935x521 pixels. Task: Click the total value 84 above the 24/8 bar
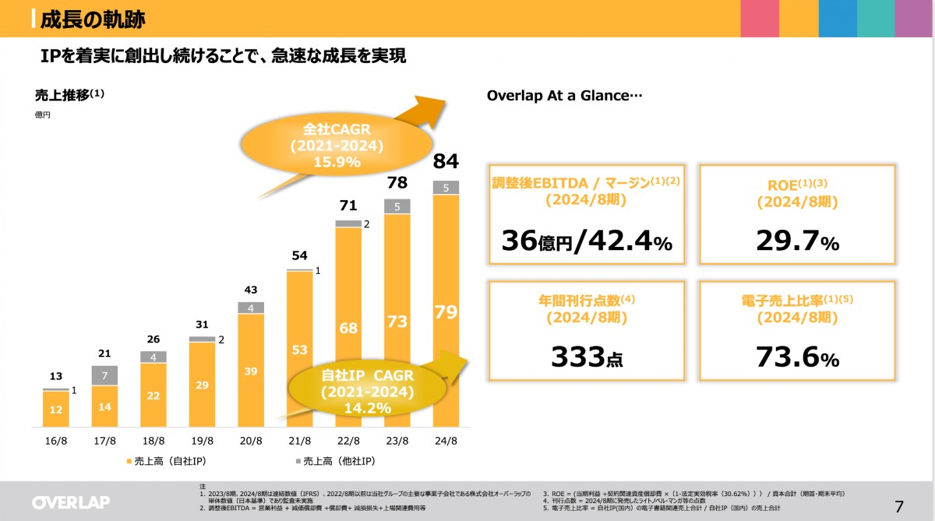point(446,162)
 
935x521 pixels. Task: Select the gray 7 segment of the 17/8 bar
point(105,375)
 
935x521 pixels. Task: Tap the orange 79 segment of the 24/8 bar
point(446,312)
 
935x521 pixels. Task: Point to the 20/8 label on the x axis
point(251,441)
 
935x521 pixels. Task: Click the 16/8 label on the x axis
point(56,441)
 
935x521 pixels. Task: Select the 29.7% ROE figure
point(797,242)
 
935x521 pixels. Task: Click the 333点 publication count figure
point(587,357)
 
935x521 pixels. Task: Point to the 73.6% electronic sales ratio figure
point(797,357)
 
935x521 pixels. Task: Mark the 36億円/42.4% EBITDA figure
point(587,242)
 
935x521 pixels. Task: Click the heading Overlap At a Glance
point(564,96)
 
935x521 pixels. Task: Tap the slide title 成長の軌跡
point(93,19)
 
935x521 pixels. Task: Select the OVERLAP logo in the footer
point(71,502)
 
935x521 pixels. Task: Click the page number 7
point(899,506)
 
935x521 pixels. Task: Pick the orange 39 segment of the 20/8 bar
point(251,371)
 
